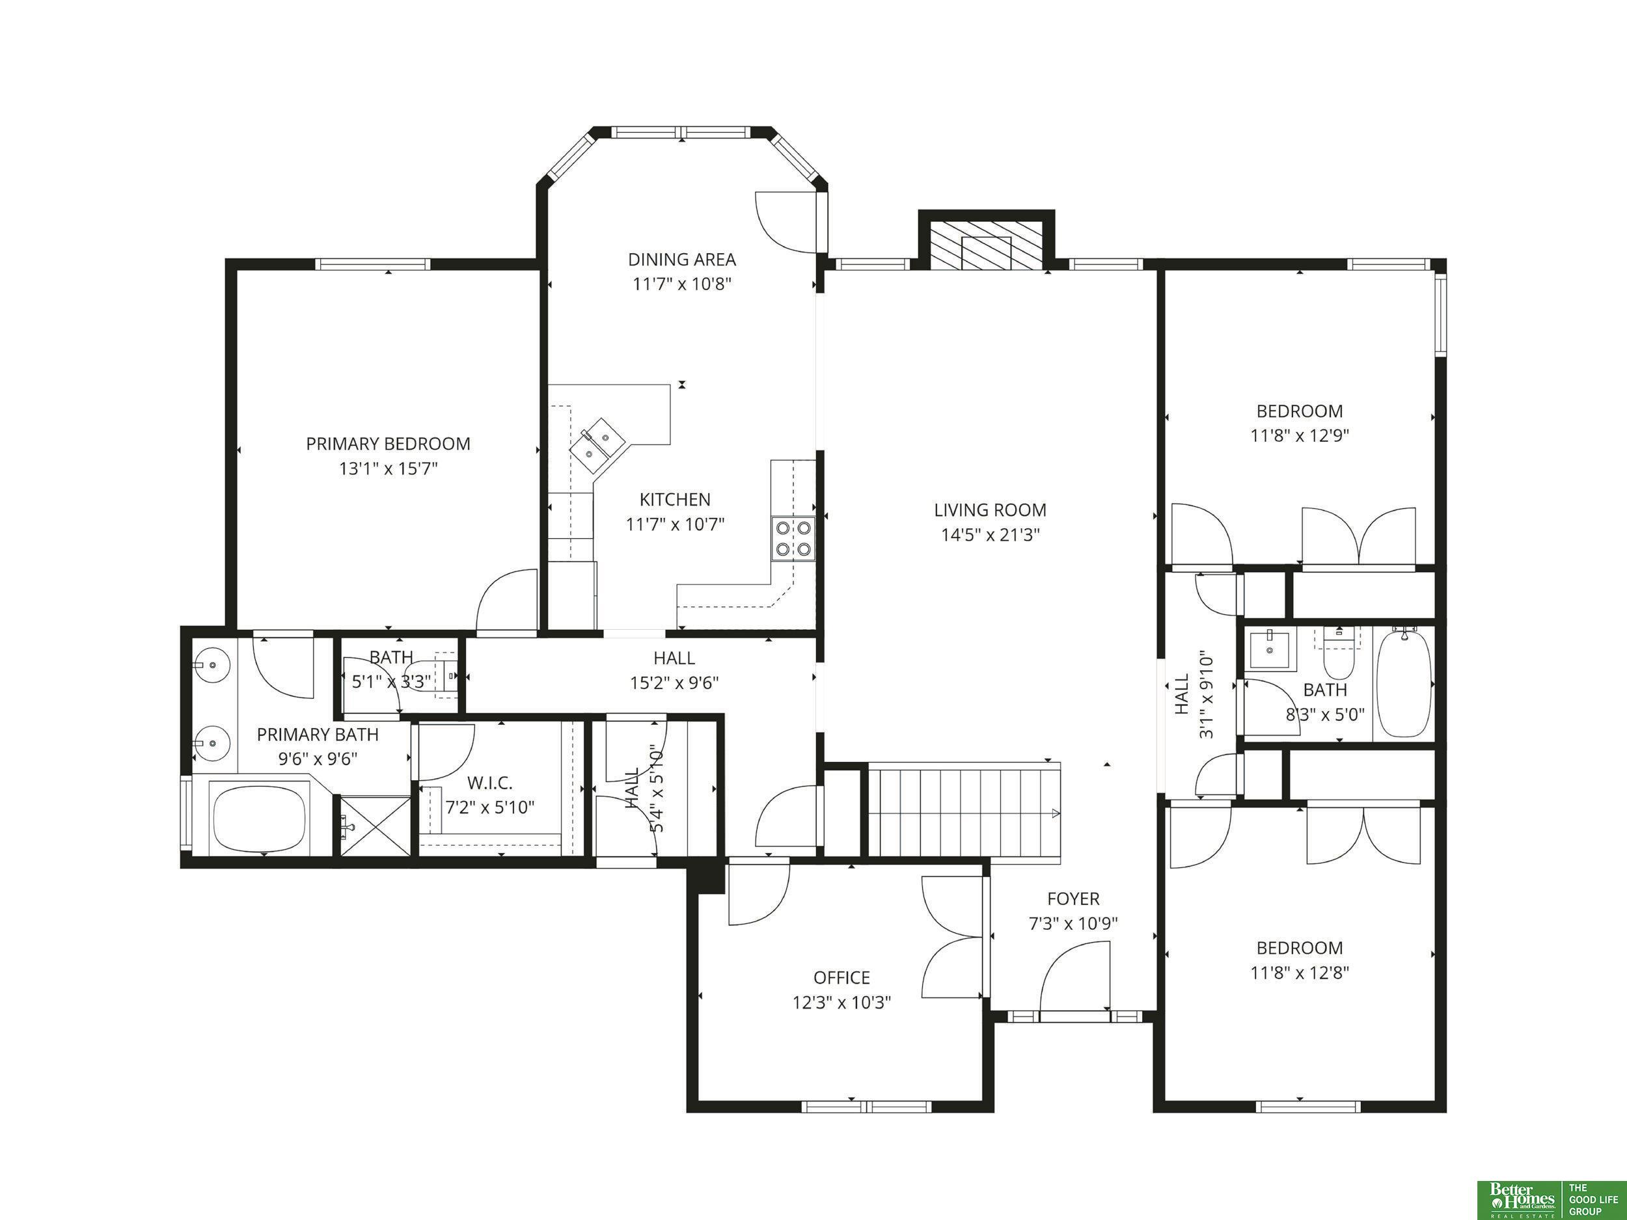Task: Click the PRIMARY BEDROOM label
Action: (x=389, y=444)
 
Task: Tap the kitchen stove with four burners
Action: (x=793, y=538)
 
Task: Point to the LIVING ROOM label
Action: (x=990, y=509)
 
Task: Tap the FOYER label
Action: (x=1073, y=899)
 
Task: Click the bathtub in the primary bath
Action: (x=259, y=817)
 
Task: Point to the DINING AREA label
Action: (x=682, y=260)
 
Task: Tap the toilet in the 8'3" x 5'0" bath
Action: (x=1338, y=655)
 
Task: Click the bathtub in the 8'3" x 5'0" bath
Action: (x=1403, y=683)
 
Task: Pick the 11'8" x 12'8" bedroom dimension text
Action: (x=1300, y=973)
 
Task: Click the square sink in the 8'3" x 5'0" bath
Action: (x=1272, y=650)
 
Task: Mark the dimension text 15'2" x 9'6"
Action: (x=674, y=683)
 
